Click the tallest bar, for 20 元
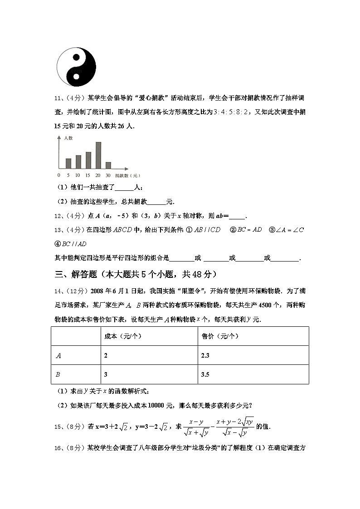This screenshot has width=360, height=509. click(x=98, y=155)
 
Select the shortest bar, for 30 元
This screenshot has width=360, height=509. click(x=108, y=165)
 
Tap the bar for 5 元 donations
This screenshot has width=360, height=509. click(x=68, y=163)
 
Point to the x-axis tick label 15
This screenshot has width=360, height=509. click(x=88, y=175)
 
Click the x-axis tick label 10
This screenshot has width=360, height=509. click(x=78, y=175)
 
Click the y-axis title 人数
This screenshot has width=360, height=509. click(x=68, y=137)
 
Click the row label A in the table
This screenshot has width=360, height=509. click(x=58, y=356)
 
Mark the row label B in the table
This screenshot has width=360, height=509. click(x=58, y=375)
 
